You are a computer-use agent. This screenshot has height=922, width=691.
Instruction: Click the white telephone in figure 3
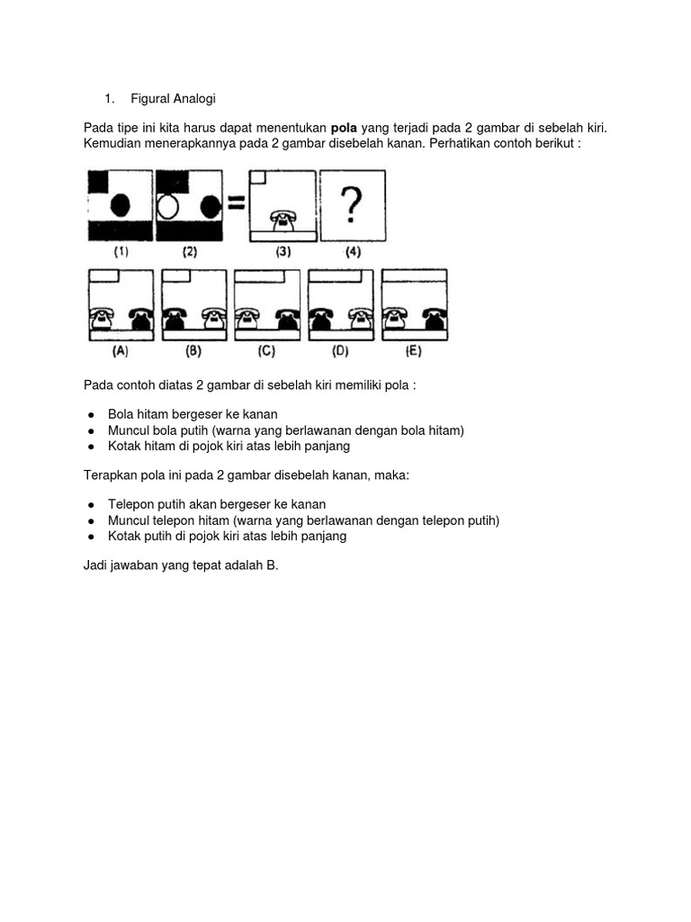click(x=284, y=219)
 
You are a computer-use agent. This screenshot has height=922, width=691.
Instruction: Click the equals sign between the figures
click(x=235, y=203)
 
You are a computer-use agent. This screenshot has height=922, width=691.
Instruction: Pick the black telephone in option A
click(x=140, y=317)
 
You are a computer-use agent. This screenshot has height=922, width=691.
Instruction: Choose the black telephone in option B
click(x=174, y=317)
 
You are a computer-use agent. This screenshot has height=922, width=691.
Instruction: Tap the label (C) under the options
click(x=265, y=351)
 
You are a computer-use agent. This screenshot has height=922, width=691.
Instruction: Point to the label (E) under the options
click(x=414, y=351)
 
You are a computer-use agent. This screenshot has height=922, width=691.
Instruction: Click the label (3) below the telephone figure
click(x=283, y=252)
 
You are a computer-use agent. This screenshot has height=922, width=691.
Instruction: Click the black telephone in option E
click(x=433, y=317)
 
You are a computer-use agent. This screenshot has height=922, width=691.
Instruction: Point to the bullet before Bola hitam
click(x=92, y=415)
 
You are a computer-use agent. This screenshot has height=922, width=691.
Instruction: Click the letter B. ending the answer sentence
click(x=272, y=565)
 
